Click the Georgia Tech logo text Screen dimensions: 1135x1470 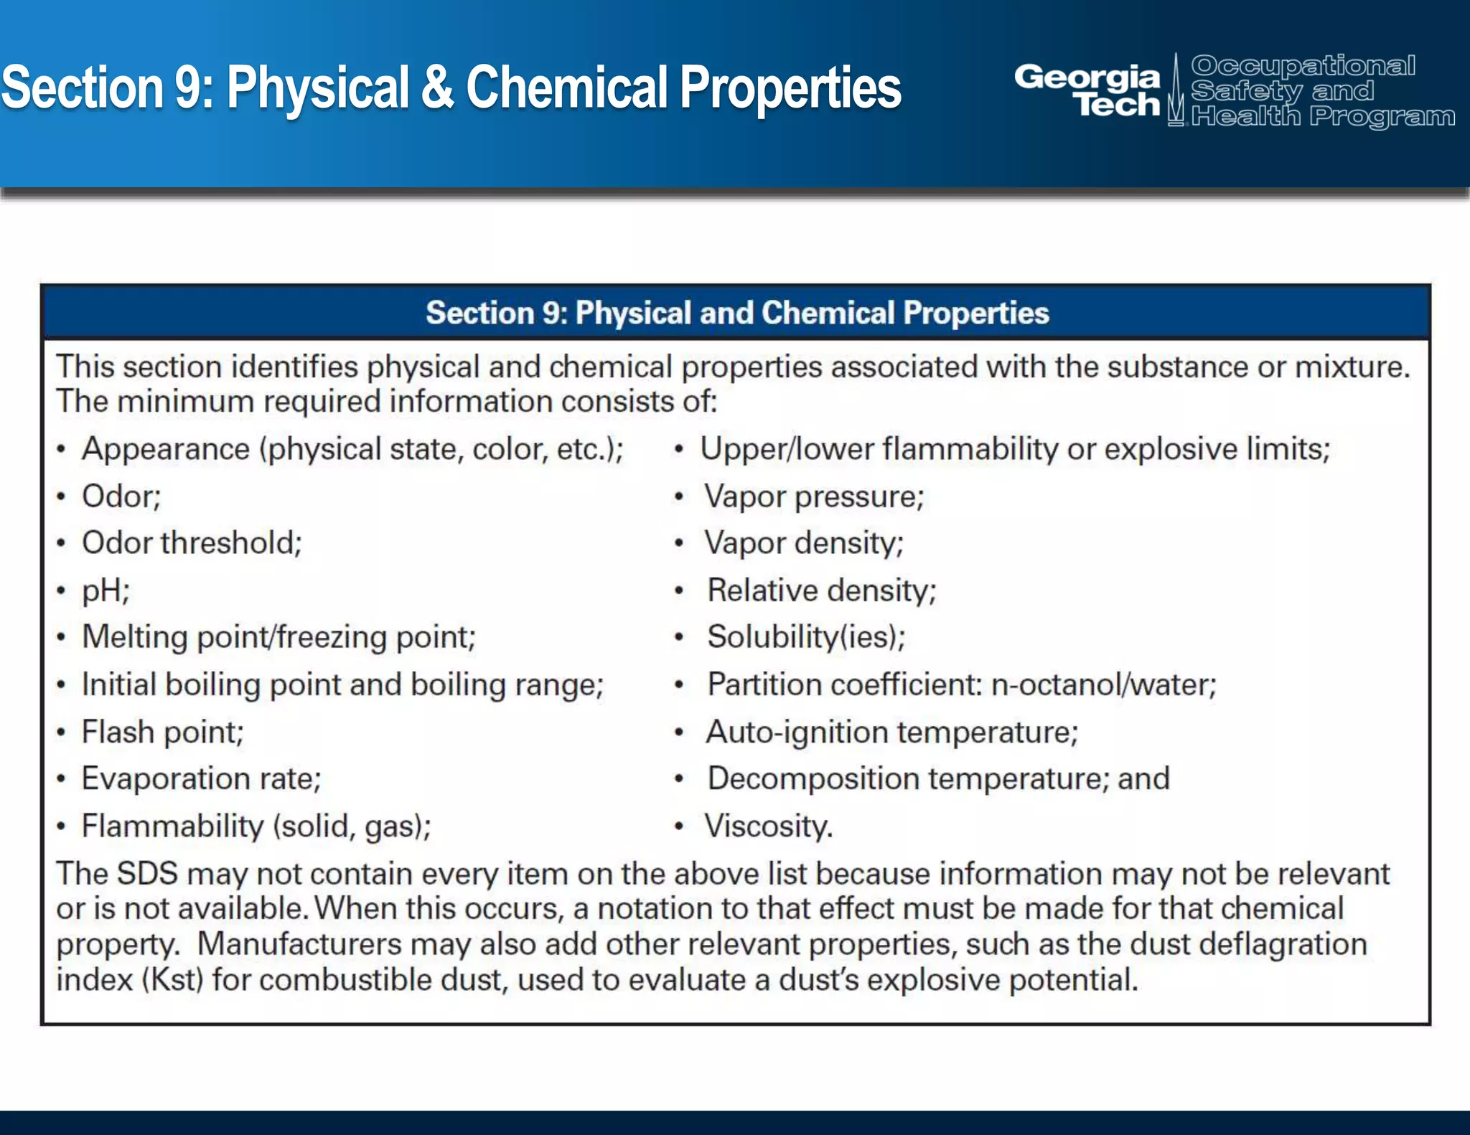coord(1087,90)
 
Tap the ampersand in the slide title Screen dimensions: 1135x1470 coord(437,88)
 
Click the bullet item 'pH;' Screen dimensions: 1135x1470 coord(106,590)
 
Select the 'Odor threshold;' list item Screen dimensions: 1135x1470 coord(192,543)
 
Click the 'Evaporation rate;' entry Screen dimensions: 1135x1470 coord(201,779)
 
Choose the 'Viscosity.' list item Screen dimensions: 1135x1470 coord(768,826)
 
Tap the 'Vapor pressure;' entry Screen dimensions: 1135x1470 coord(814,496)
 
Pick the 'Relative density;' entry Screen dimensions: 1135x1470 coord(821,590)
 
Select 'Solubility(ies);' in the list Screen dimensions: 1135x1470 coord(806,637)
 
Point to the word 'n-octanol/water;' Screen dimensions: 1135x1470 coord(1103,685)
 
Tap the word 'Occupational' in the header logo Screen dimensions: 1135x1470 coord(1303,66)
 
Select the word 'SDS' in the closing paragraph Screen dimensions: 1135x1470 coord(147,874)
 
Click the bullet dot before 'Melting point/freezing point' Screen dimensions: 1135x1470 coord(62,637)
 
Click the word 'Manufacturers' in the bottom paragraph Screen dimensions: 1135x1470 coord(299,944)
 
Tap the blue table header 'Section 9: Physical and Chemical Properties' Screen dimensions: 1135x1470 coord(736,314)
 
